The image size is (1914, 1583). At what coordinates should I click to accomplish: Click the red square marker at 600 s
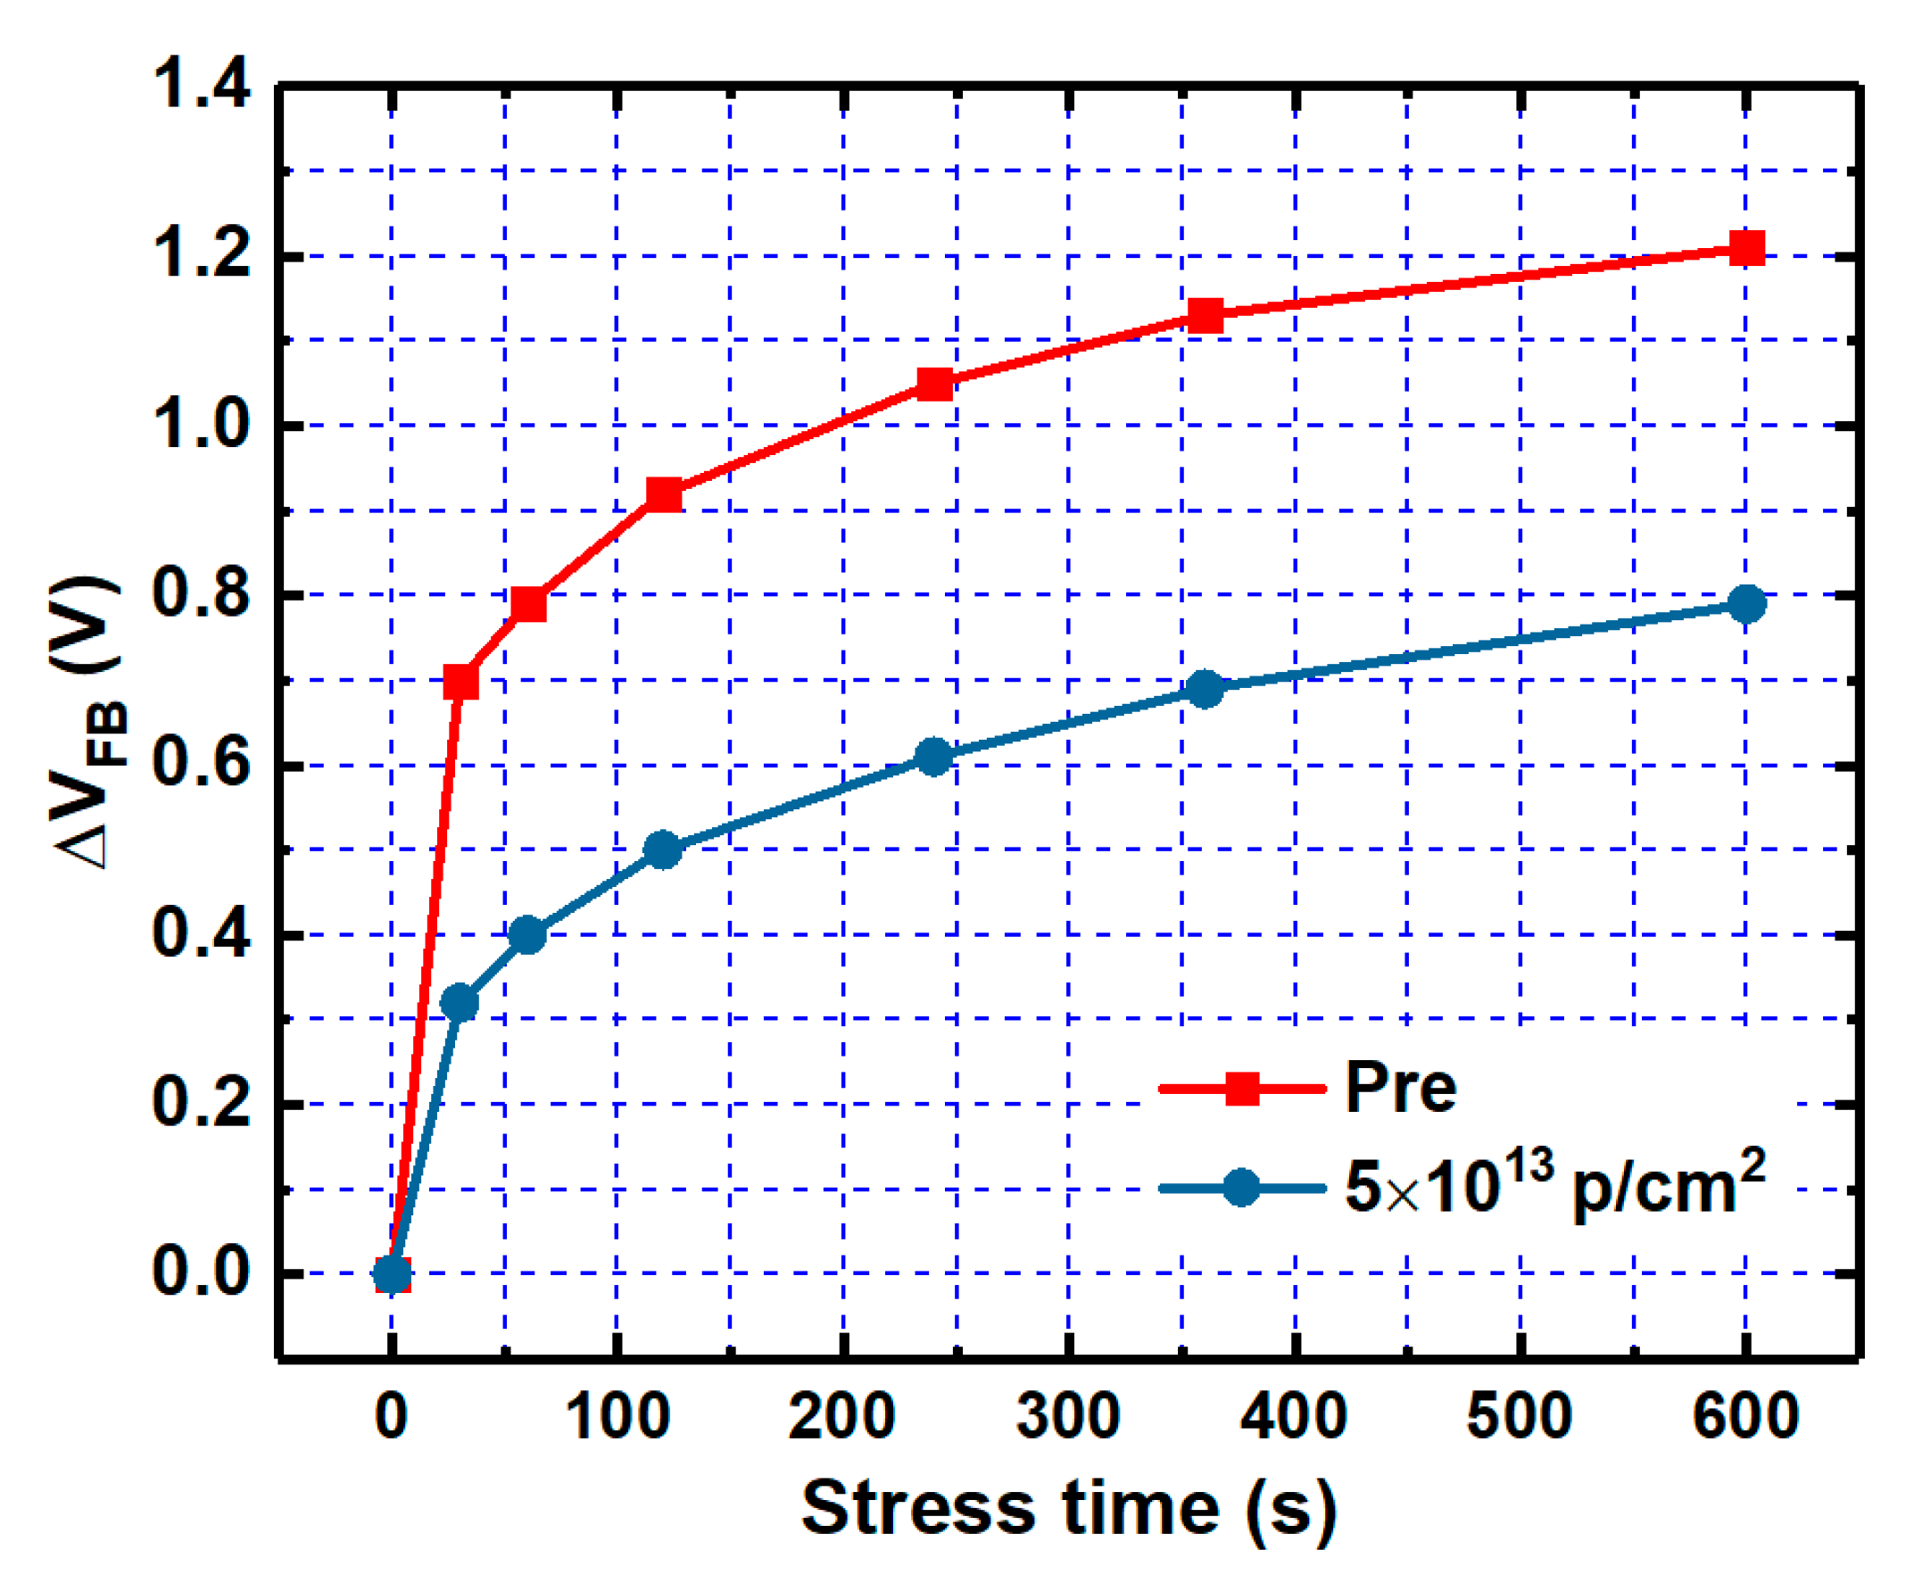pos(1746,247)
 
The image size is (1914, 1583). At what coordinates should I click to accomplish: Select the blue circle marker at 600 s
pos(1746,603)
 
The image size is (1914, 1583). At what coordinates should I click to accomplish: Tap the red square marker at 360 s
pos(1205,315)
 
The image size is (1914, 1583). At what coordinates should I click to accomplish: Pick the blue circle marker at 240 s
pos(933,757)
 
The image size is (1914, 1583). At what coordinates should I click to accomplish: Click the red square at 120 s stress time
pos(664,495)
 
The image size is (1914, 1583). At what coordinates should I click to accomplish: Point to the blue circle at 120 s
pos(663,850)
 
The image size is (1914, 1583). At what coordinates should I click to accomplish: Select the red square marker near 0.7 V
pos(460,681)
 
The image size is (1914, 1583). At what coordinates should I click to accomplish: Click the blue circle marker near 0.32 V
pos(460,1002)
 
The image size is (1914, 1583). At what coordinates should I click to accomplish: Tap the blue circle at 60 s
pos(527,934)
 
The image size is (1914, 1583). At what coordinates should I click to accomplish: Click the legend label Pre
pos(1400,1087)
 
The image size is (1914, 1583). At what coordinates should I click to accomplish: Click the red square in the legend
pos(1242,1087)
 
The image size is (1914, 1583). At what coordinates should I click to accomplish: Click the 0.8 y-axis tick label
pos(201,593)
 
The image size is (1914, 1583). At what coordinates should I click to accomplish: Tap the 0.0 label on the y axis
pos(201,1273)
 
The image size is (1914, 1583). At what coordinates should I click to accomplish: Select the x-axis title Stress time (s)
pos(1068,1508)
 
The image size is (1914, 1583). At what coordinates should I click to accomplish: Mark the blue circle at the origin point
pos(392,1274)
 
